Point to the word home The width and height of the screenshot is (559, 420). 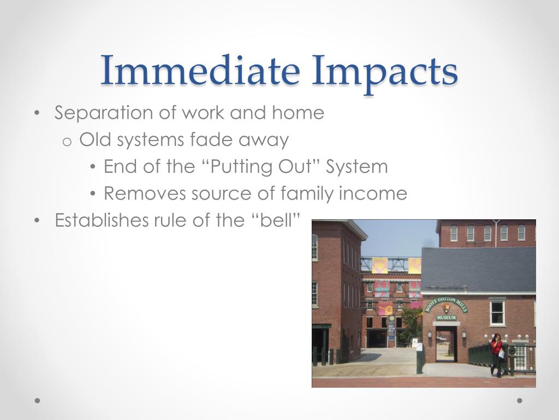298,113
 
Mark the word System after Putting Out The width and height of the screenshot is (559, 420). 357,167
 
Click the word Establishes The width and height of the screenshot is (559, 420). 94,220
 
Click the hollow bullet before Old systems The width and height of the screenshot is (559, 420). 67,141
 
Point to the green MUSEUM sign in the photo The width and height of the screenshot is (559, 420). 446,317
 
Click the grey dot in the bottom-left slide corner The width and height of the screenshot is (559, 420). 37,400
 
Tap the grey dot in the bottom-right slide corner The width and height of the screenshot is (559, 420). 520,400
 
